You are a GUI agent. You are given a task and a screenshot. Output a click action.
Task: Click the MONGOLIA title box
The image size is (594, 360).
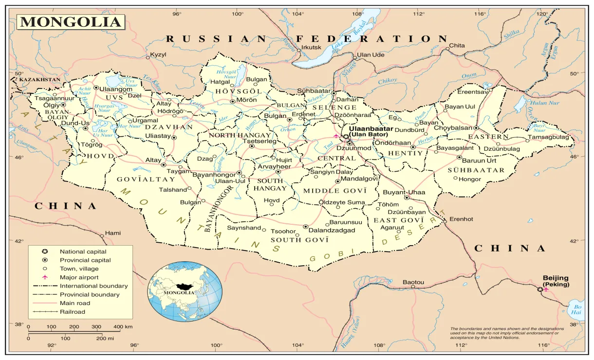tap(71, 22)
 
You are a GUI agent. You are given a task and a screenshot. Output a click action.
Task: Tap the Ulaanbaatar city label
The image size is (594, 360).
tap(371, 128)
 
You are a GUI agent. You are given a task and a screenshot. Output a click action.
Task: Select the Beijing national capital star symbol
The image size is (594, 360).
tap(539, 290)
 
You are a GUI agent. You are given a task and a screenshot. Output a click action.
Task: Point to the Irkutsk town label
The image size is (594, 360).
tap(312, 47)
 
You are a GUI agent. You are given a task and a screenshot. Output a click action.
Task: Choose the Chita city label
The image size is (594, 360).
tap(457, 45)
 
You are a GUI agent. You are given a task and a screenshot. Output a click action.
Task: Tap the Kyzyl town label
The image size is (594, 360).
tap(158, 54)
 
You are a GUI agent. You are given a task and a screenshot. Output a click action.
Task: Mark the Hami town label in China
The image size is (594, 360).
tap(112, 233)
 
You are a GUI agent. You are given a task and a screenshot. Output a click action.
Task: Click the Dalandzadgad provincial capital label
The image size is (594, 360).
tap(332, 230)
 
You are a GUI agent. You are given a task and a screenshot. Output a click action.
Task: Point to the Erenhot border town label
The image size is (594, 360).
tap(461, 219)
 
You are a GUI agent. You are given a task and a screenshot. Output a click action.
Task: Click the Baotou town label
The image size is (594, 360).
tap(413, 282)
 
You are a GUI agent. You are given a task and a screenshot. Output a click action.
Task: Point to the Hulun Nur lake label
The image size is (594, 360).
tap(545, 103)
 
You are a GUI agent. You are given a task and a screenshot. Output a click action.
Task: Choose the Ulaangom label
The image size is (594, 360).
tap(116, 89)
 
